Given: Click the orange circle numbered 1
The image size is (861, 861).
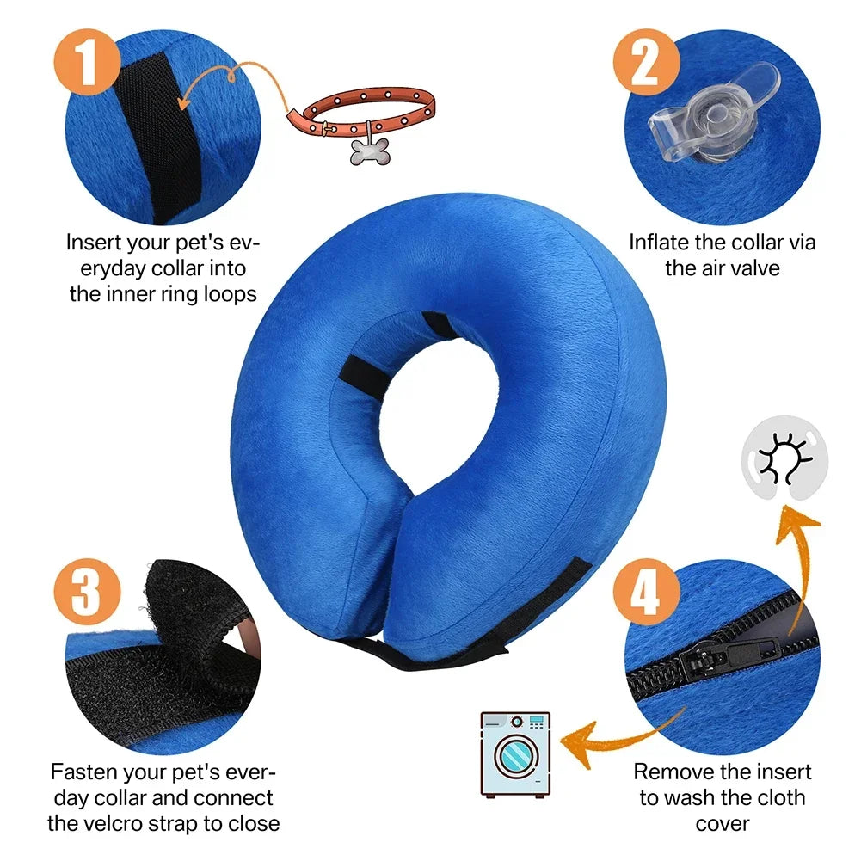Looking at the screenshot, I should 86,62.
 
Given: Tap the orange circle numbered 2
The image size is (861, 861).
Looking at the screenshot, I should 643,62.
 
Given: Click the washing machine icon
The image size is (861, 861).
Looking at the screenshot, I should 514,753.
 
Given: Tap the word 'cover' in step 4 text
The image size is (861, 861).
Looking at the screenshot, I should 722,822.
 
